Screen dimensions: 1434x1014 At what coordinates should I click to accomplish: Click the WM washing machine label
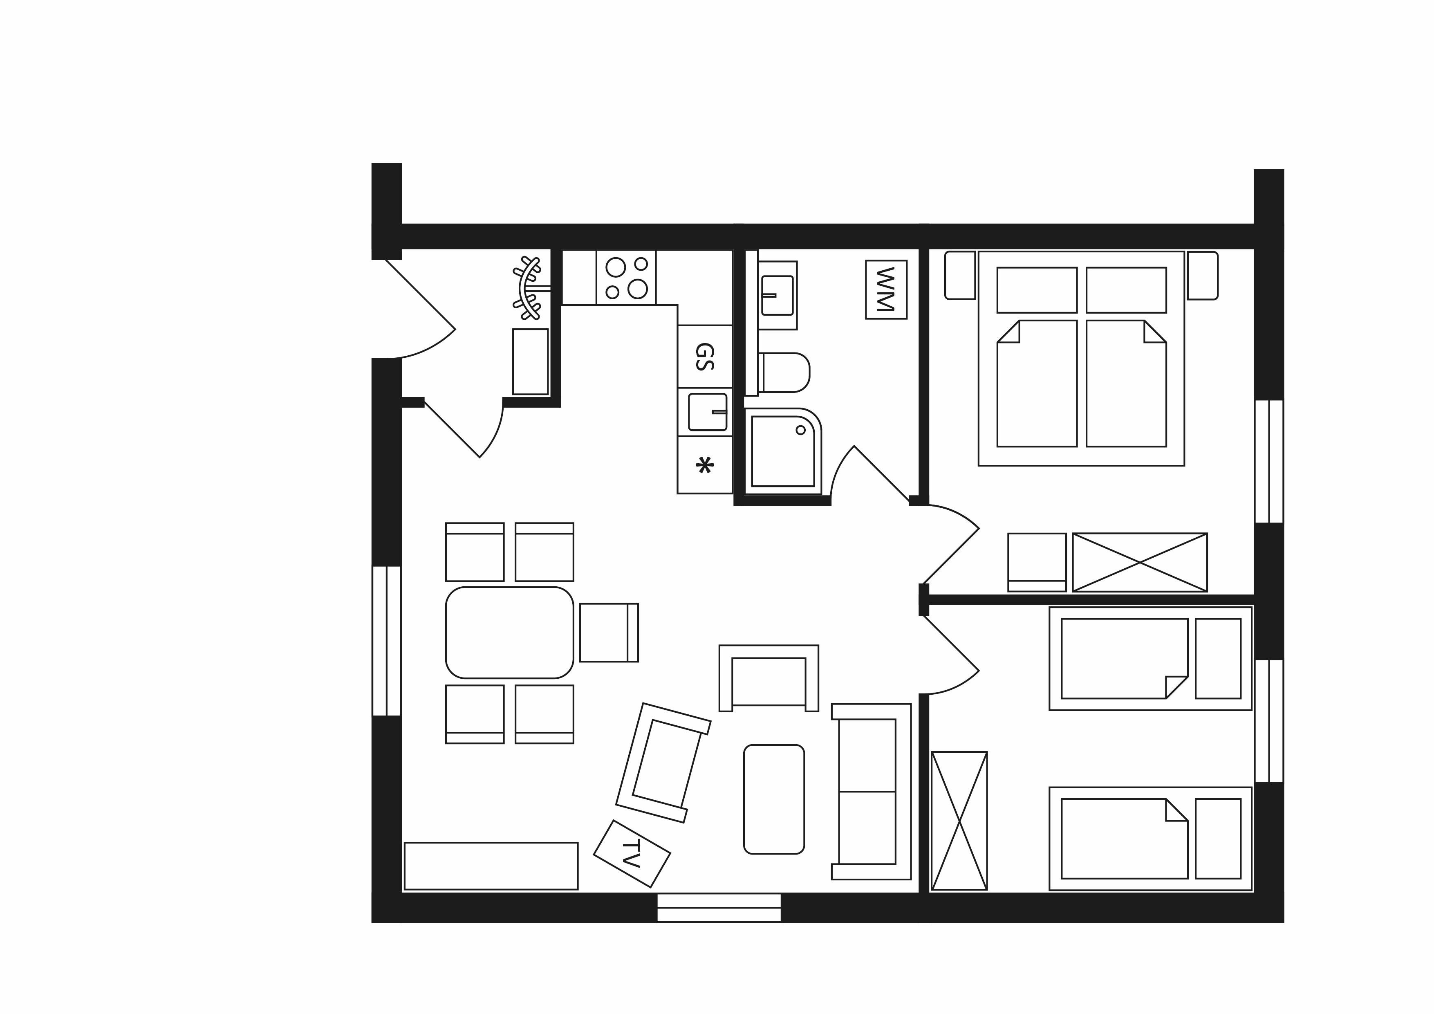coord(886,289)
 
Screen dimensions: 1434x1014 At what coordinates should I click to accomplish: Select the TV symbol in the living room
coord(632,853)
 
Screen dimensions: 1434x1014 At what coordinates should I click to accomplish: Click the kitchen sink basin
coord(708,412)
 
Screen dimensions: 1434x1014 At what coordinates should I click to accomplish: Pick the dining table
coord(510,632)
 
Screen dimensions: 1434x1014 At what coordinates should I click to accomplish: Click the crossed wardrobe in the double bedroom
coord(1140,562)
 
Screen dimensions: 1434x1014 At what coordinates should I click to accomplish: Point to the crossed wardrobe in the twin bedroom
coord(959,820)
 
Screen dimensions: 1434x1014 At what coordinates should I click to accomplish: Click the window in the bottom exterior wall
coord(719,907)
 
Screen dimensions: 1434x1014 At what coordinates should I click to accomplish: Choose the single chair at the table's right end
coord(609,632)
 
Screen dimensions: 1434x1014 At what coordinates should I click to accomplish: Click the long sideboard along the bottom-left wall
coord(491,866)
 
